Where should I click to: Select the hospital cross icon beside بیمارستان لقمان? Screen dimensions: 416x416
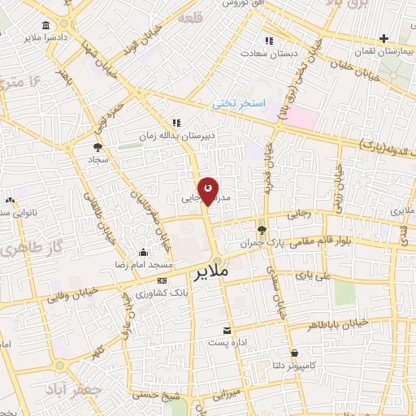point(383,37)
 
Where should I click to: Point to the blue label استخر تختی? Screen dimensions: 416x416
point(235,103)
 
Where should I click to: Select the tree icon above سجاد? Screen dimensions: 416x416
point(98,147)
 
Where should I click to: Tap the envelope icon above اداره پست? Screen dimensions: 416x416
point(227,331)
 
